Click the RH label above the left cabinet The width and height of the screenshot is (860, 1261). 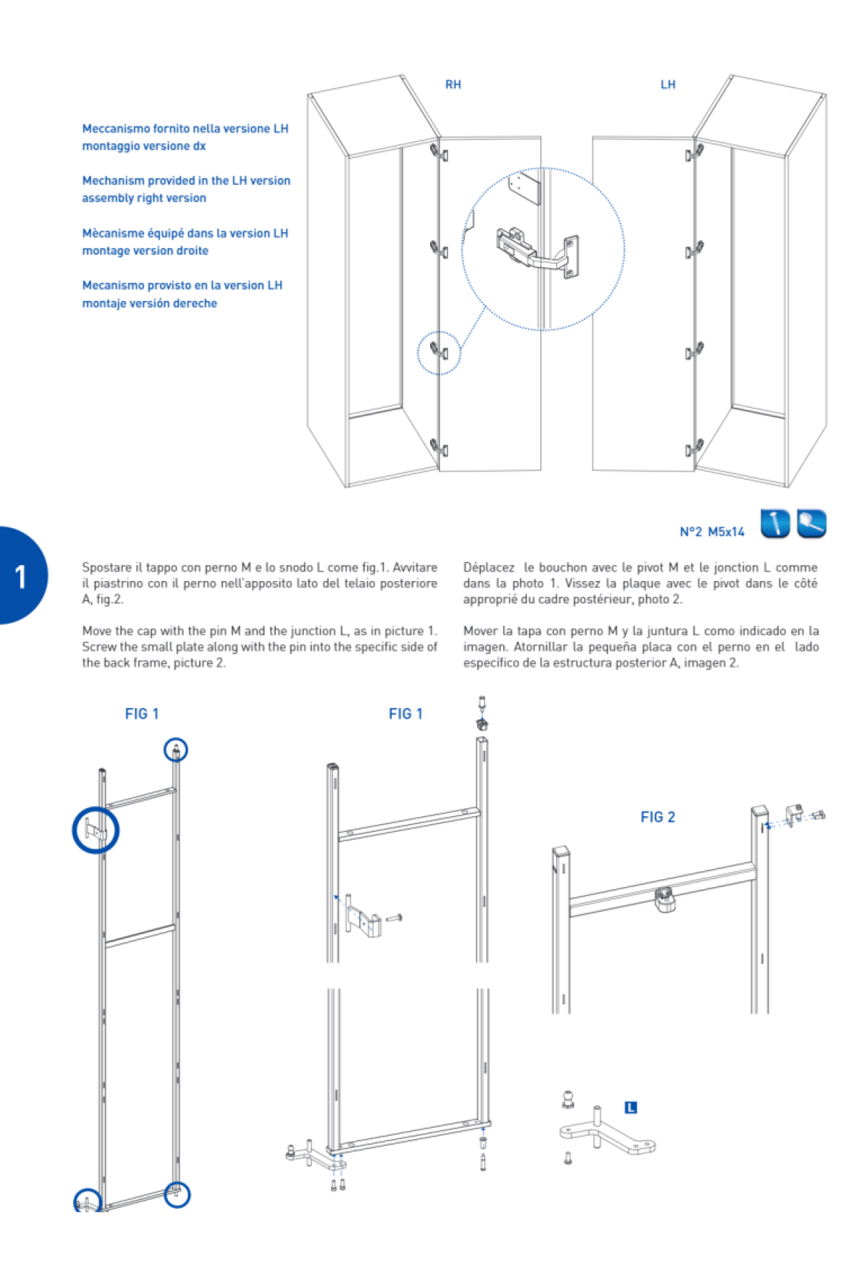pos(453,85)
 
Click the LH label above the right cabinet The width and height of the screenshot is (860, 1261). pos(668,85)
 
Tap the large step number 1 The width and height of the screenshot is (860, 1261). pos(21,577)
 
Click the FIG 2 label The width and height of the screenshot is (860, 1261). pos(657,817)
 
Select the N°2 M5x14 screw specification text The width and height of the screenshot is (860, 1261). pos(712,532)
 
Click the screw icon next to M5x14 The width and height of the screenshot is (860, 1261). pos(775,523)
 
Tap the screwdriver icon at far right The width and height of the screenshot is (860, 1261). pos(811,523)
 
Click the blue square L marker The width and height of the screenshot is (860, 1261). pos(631,1108)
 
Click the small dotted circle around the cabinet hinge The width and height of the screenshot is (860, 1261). pos(439,353)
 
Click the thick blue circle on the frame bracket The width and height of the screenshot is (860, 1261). pos(95,830)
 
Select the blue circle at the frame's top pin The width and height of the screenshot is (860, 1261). pos(176,750)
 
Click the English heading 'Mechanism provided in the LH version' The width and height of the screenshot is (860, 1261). pos(186,181)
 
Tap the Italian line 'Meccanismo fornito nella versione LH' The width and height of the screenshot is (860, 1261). pos(185,128)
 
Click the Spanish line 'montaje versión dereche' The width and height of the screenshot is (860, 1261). pos(149,303)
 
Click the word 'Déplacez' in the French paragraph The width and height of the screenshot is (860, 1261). pos(489,567)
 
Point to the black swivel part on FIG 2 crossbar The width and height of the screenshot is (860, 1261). pos(666,900)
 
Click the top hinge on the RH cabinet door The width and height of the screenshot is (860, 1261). pos(439,153)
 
